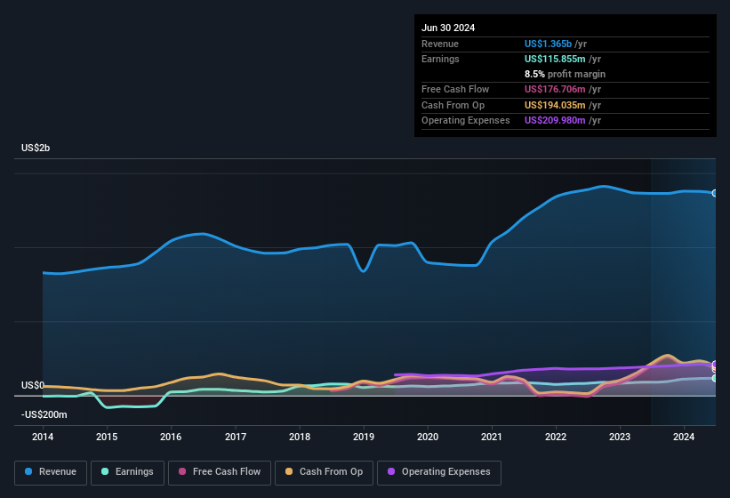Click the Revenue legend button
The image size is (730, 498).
pos(51,472)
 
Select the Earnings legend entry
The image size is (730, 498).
pos(127,472)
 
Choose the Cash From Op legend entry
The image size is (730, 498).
pos(324,472)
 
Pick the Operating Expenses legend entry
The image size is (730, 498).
pos(439,472)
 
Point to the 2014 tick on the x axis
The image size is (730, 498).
pos(43,437)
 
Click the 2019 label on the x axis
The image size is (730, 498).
pos(364,437)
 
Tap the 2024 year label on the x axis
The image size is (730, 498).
pos(684,437)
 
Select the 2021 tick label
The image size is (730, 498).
pos(492,437)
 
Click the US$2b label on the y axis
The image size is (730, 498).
pos(36,148)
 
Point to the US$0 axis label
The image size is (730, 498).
pos(32,385)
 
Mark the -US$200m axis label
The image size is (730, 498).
pos(44,414)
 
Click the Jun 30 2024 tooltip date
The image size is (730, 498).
pos(448,28)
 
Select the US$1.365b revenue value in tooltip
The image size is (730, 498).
pos(549,44)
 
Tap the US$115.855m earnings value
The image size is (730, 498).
pos(555,59)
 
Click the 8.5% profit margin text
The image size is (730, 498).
pos(566,74)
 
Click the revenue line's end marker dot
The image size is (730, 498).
pos(715,193)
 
